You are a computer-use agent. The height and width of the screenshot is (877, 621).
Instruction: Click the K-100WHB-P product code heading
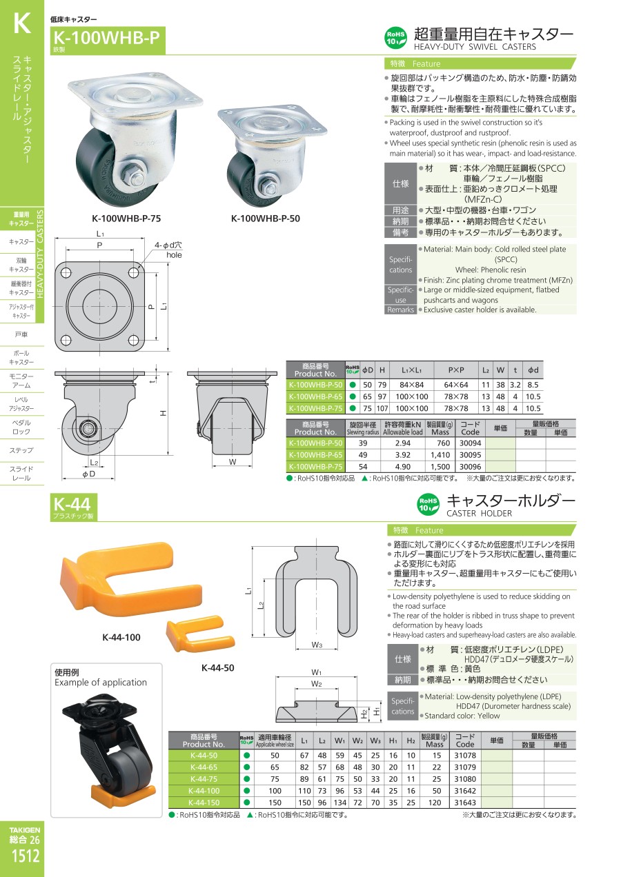(x=106, y=38)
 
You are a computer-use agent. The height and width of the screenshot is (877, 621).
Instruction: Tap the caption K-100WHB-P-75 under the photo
(x=126, y=219)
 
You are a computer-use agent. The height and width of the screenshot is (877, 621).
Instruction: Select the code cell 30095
(x=470, y=455)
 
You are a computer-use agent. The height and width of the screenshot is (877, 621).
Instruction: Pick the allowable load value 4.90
(x=402, y=467)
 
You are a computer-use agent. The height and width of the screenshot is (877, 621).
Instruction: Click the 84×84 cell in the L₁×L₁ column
(x=412, y=385)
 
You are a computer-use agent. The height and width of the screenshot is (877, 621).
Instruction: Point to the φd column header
(x=533, y=370)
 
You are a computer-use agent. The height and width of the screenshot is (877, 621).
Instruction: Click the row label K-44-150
(x=204, y=803)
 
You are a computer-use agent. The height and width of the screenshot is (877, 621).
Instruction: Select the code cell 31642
(x=464, y=791)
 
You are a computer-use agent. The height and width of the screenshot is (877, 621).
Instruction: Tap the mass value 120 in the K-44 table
(x=435, y=803)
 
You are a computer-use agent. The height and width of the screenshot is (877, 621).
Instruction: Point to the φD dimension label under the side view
(x=88, y=474)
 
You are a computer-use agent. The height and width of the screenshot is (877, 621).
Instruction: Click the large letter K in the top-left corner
(x=22, y=23)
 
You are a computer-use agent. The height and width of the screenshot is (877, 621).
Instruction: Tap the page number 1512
(x=25, y=856)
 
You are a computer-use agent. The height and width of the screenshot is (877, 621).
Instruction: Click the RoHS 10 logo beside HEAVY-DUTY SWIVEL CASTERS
(x=395, y=38)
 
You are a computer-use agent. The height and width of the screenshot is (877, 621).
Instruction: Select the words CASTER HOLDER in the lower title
(x=479, y=513)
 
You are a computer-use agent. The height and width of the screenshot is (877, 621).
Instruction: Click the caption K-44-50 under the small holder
(x=217, y=667)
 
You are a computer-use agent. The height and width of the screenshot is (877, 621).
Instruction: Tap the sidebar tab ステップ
(x=21, y=450)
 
